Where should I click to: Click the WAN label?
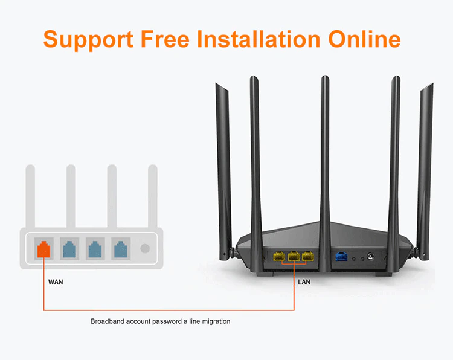coord(56,281)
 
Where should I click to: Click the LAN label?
coord(305,281)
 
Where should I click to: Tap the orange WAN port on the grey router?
coord(44,249)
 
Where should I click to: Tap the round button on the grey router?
coord(145,249)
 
